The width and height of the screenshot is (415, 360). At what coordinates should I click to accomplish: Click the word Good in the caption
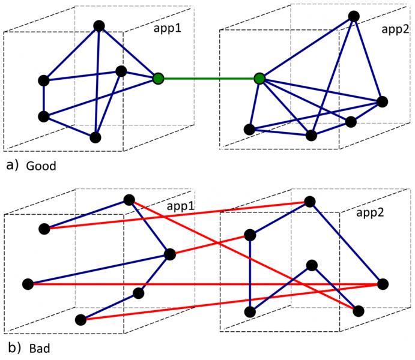pyautogui.click(x=41, y=166)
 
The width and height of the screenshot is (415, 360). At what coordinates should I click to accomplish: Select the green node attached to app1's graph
pyautogui.click(x=158, y=79)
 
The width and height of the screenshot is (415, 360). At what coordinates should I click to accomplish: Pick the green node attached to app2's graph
pyautogui.click(x=259, y=79)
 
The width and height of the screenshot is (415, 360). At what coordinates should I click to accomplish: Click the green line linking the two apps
pyautogui.click(x=208, y=79)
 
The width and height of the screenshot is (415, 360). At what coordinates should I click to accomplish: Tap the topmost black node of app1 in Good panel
pyautogui.click(x=100, y=26)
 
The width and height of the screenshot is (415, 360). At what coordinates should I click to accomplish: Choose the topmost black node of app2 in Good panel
pyautogui.click(x=354, y=16)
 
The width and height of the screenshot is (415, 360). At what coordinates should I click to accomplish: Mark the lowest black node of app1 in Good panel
pyautogui.click(x=95, y=137)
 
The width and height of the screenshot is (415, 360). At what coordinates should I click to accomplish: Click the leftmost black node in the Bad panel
pyautogui.click(x=28, y=284)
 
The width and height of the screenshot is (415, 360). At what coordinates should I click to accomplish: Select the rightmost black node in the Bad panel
pyautogui.click(x=383, y=284)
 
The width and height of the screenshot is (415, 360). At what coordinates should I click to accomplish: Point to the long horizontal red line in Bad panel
pyautogui.click(x=204, y=284)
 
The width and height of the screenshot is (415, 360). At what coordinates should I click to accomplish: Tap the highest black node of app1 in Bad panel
pyautogui.click(x=129, y=200)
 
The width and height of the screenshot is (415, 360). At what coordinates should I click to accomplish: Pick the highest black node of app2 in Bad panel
pyautogui.click(x=309, y=202)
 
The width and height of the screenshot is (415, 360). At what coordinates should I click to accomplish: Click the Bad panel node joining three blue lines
pyautogui.click(x=170, y=254)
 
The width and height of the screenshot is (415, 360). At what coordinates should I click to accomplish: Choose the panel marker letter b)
pyautogui.click(x=11, y=347)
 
